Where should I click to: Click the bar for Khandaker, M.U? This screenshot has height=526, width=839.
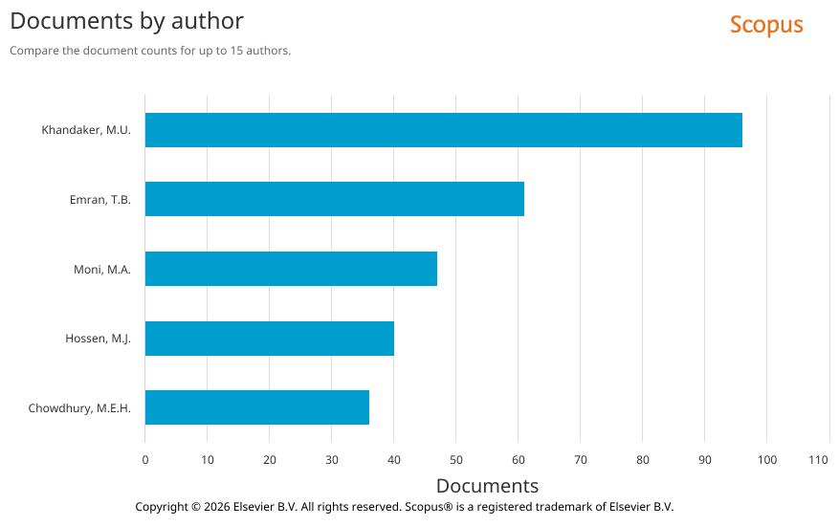pyautogui.click(x=443, y=130)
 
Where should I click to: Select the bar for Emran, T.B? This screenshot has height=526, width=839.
pyautogui.click(x=334, y=199)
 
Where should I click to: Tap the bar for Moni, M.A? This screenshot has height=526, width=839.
pyautogui.click(x=291, y=269)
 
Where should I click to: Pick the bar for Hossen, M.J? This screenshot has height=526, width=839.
pyautogui.click(x=269, y=339)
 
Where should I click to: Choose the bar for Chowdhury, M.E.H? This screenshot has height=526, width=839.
pyautogui.click(x=256, y=407)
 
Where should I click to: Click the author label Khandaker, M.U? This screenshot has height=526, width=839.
pyautogui.click(x=86, y=130)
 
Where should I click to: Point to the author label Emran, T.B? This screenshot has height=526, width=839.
pyautogui.click(x=99, y=200)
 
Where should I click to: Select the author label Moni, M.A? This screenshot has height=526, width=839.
pyautogui.click(x=101, y=270)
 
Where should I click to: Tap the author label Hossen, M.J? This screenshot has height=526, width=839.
pyautogui.click(x=98, y=339)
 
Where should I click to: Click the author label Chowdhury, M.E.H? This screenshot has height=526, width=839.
pyautogui.click(x=79, y=408)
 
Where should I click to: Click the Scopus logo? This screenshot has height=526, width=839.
pyautogui.click(x=765, y=25)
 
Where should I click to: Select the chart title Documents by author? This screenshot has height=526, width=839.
pyautogui.click(x=126, y=20)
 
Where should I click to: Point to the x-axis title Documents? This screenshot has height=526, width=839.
pyautogui.click(x=487, y=486)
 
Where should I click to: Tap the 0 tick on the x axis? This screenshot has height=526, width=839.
pyautogui.click(x=145, y=460)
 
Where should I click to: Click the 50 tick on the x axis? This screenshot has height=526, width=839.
pyautogui.click(x=455, y=460)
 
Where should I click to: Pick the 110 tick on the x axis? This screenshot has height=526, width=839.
pyautogui.click(x=818, y=460)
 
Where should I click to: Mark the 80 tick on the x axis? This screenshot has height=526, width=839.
pyautogui.click(x=642, y=460)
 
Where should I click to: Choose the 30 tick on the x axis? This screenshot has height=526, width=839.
pyautogui.click(x=331, y=460)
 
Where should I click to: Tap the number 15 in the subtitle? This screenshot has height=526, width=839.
pyautogui.click(x=236, y=51)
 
